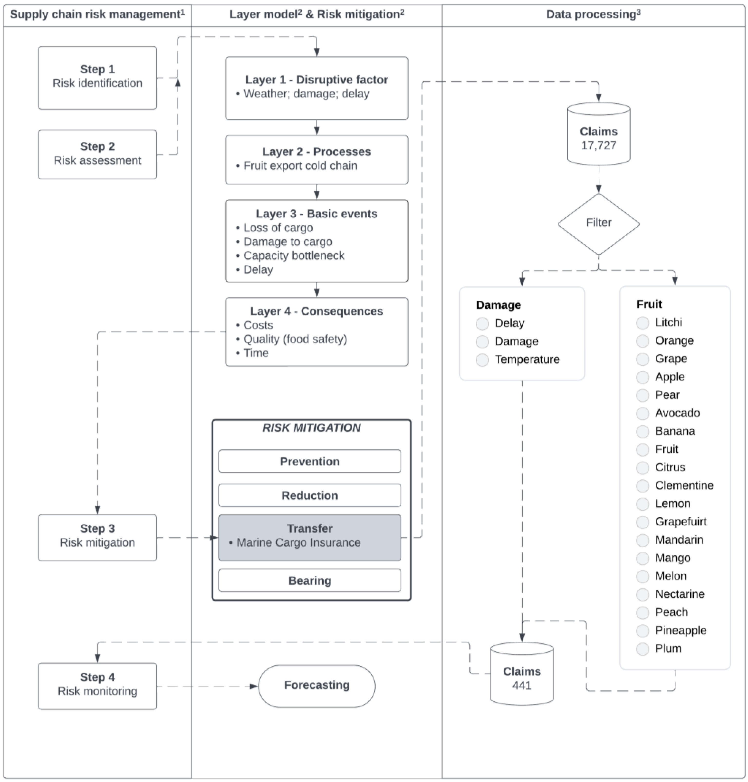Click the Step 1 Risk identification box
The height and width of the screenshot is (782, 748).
[x=97, y=78]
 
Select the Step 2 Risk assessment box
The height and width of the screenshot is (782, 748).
[x=97, y=154]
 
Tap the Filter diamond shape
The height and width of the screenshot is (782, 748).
[x=598, y=223]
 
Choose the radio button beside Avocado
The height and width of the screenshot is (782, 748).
[x=642, y=413]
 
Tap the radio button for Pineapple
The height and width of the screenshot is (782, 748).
[x=642, y=630]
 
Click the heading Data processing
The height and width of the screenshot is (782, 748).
[x=593, y=14]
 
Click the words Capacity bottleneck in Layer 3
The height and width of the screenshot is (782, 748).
[x=294, y=256]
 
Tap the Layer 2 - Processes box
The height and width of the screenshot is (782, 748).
[x=316, y=160]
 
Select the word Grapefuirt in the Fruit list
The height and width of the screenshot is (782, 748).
[x=680, y=521]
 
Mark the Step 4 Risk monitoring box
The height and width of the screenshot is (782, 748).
[x=97, y=686]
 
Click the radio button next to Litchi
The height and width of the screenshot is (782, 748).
[x=642, y=323]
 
